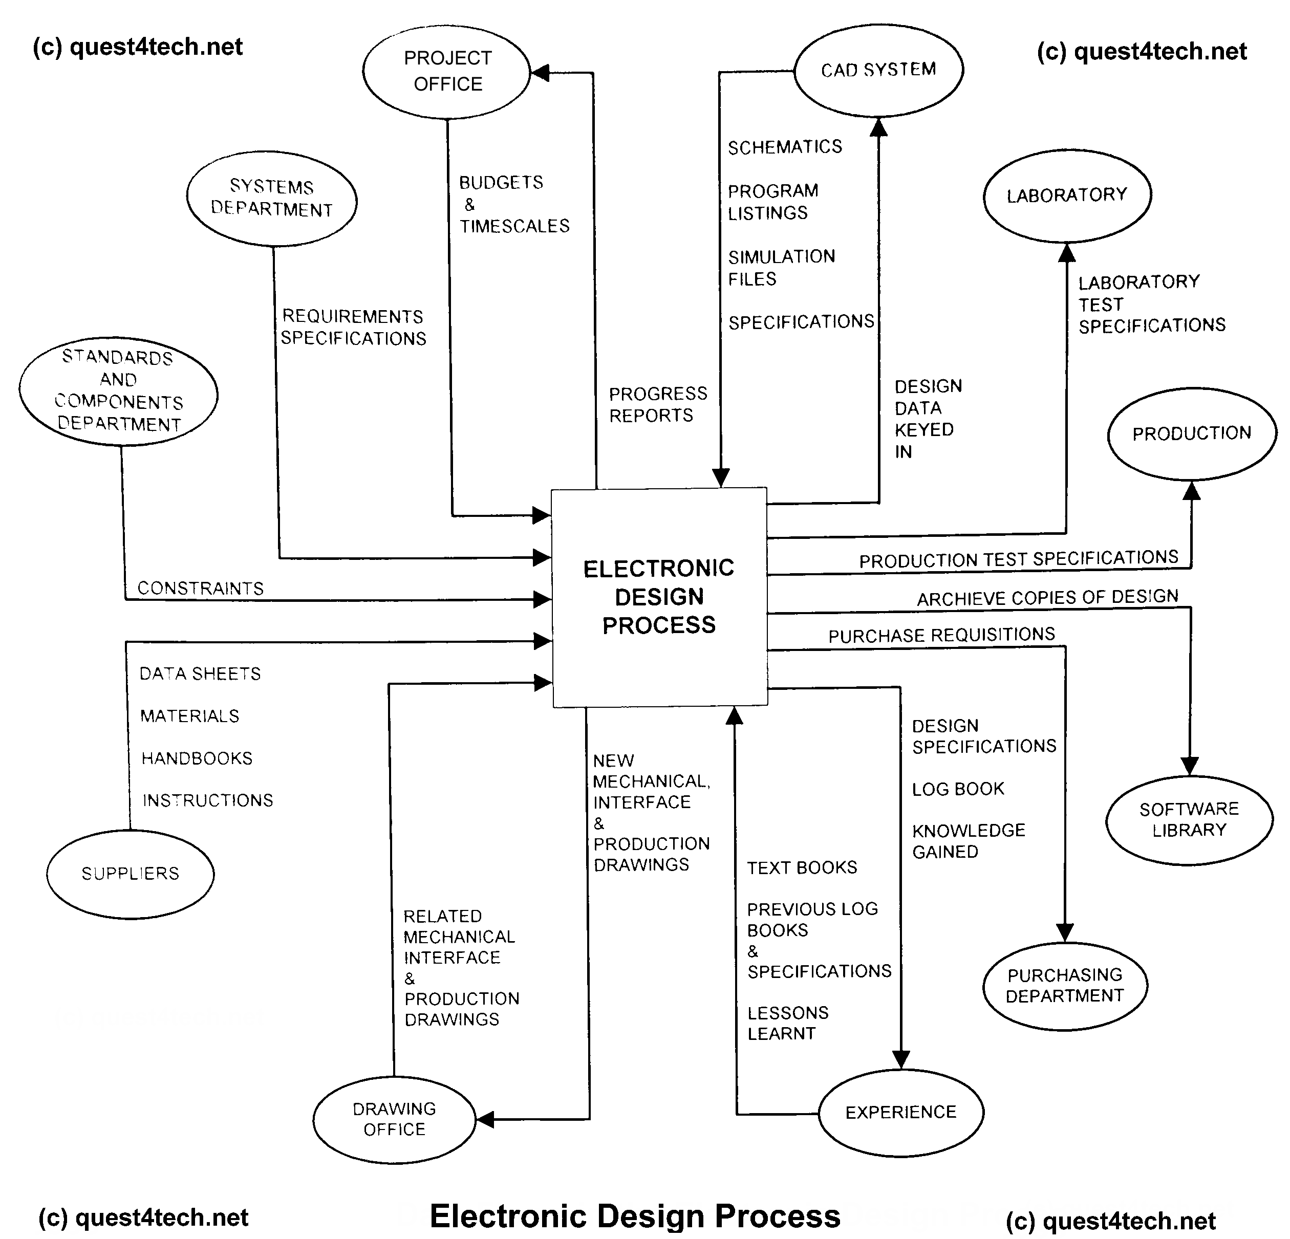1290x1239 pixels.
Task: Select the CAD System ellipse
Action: (x=878, y=70)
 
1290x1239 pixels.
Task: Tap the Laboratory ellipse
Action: (x=1067, y=195)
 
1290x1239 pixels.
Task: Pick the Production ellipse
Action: (x=1191, y=433)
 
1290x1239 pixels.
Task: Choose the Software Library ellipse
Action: (x=1189, y=819)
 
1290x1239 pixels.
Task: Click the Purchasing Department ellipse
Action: (x=1065, y=985)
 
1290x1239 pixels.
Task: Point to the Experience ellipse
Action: (x=900, y=1113)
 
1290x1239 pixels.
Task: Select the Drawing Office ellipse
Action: (x=394, y=1119)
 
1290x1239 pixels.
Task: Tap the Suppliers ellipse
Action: (x=131, y=874)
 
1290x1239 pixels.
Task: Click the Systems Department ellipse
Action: (x=271, y=198)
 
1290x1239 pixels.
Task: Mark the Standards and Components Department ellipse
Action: (x=118, y=391)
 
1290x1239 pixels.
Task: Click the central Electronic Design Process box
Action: (x=659, y=597)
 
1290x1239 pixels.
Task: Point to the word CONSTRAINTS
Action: (x=200, y=588)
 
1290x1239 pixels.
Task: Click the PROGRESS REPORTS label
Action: (x=657, y=404)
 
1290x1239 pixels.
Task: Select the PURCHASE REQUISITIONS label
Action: (x=941, y=635)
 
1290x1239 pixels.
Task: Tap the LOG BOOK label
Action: (x=958, y=789)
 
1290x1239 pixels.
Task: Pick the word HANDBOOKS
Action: (x=197, y=758)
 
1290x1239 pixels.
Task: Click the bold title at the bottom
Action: (x=635, y=1216)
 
